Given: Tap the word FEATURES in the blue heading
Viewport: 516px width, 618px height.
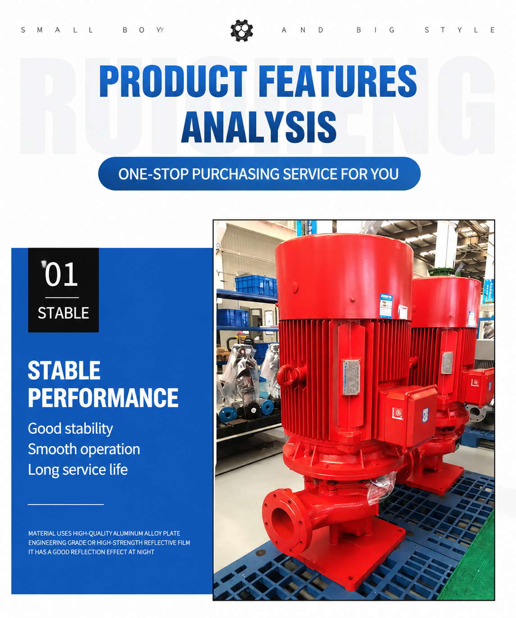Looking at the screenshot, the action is click(338, 81).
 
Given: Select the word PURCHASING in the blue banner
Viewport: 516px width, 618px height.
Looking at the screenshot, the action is click(235, 174).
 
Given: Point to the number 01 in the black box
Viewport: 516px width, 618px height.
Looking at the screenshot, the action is click(61, 275).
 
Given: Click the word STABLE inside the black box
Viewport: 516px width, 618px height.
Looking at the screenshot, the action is click(63, 313).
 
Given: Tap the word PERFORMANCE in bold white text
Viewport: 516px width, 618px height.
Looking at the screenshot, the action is click(103, 397).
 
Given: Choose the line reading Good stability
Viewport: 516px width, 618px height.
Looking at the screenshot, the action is click(70, 429).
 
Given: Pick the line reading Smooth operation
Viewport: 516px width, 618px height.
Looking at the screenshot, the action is click(84, 449).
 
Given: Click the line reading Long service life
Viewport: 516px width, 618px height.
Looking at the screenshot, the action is click(78, 470).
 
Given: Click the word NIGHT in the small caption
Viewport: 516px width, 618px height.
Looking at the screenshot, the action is click(145, 552).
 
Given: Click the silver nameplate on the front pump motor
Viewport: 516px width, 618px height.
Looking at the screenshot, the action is click(351, 377).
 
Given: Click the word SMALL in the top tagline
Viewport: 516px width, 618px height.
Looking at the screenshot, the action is click(58, 30).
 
